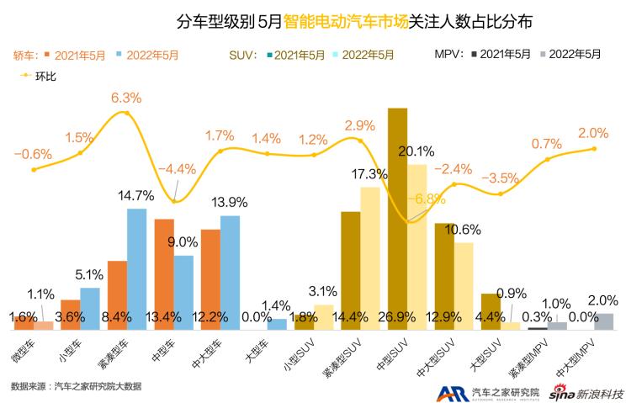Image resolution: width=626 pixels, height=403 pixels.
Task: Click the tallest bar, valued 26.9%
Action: pyautogui.click(x=398, y=219)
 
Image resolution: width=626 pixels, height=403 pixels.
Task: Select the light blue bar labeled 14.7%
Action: pyautogui.click(x=137, y=269)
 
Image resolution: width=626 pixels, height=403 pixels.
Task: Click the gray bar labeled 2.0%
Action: pyautogui.click(x=602, y=321)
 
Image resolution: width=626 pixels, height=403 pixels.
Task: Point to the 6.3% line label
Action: pyautogui.click(x=126, y=98)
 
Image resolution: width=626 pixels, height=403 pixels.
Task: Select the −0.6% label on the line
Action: pyautogui.click(x=33, y=154)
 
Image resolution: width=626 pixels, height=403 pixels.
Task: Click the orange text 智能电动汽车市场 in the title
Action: pyautogui.click(x=345, y=19)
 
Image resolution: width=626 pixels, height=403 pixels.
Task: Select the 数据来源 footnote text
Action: pyautogui.click(x=76, y=386)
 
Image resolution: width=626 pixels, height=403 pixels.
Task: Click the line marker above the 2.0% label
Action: pyautogui.click(x=594, y=149)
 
